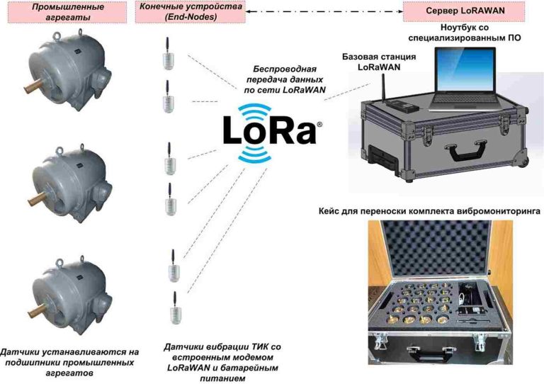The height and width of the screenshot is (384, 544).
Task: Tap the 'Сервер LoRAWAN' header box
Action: click(458, 11)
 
